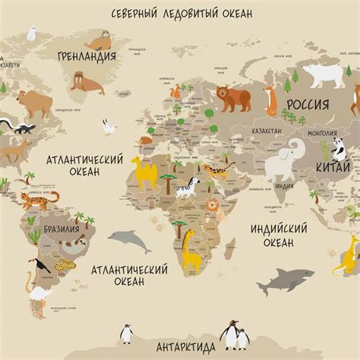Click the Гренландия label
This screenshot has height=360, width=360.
tap(87, 55)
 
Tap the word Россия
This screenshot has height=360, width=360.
tap(308, 104)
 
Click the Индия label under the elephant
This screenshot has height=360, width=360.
tap(284, 186)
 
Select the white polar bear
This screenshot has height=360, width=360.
tap(324, 75)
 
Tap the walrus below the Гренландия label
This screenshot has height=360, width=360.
tap(87, 82)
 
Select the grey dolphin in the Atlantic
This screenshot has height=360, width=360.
tap(128, 241)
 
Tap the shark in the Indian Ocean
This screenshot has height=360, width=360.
tap(285, 281)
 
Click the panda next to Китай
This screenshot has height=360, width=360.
tap(339, 148)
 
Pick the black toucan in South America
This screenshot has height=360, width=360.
tap(37, 266)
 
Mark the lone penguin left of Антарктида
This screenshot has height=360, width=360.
tap(127, 333)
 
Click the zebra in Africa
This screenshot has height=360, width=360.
tap(187, 187)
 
